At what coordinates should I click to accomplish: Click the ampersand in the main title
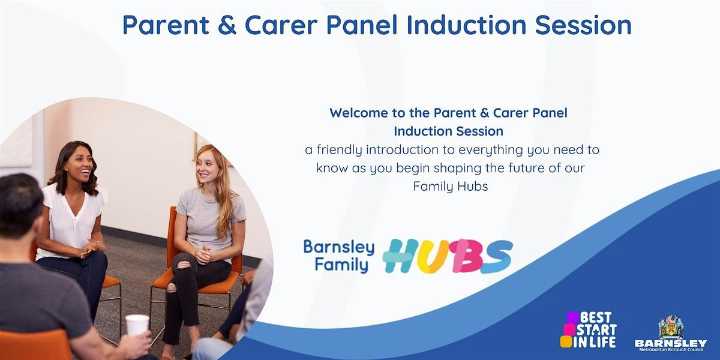(227, 25)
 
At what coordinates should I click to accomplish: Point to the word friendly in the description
(339, 150)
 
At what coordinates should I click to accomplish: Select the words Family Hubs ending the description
(451, 187)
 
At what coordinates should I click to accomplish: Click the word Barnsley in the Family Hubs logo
(339, 247)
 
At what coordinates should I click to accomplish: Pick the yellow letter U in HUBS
(433, 256)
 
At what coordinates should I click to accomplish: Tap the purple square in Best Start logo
(572, 317)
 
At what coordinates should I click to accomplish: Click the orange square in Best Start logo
(566, 341)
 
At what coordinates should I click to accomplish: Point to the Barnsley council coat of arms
(671, 326)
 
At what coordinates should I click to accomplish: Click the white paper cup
(137, 325)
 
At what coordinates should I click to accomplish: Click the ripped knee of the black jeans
(183, 265)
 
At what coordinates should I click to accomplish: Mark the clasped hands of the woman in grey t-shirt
(203, 255)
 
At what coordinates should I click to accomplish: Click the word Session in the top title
(583, 25)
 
